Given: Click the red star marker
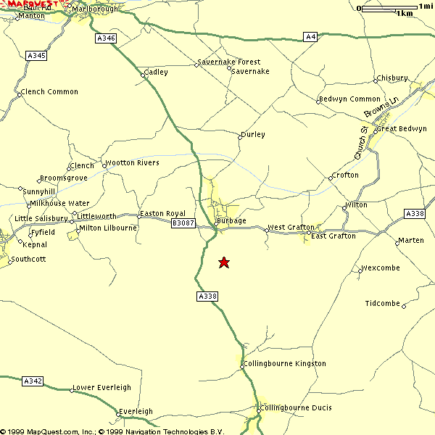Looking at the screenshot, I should click(x=224, y=262).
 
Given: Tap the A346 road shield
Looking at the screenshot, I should click(x=105, y=38).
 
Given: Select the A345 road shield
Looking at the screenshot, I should click(x=36, y=55).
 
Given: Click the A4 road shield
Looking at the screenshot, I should click(x=311, y=36).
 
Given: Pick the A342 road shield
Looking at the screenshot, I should click(x=33, y=381).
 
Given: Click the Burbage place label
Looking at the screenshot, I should click(x=231, y=220).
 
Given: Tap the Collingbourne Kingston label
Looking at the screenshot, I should click(x=285, y=363).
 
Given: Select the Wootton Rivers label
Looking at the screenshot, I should click(x=133, y=163).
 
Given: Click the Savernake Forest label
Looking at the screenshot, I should click(x=229, y=62).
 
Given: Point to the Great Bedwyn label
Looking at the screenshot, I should click(x=403, y=128).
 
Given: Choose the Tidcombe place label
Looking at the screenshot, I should click(x=383, y=304).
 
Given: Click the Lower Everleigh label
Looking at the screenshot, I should click(x=102, y=388).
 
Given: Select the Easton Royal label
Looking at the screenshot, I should click(x=162, y=213).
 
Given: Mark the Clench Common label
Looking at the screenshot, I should click(x=50, y=92).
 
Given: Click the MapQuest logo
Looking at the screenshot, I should click(x=30, y=4).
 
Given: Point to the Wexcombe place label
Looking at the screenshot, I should click(x=381, y=268).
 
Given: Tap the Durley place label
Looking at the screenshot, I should click(x=253, y=134).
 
